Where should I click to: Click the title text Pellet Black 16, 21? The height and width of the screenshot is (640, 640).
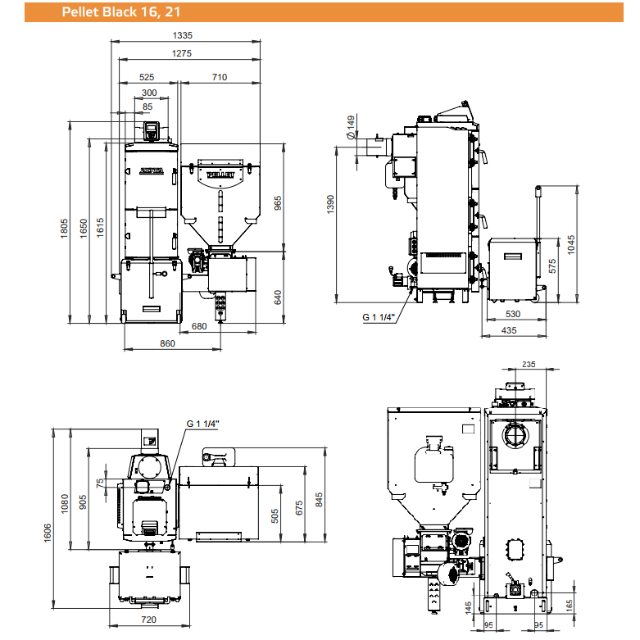point(120,11)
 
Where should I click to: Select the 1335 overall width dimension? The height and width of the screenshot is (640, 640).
point(183,35)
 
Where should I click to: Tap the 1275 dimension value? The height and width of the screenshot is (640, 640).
point(182,53)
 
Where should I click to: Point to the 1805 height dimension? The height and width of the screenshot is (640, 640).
point(64,229)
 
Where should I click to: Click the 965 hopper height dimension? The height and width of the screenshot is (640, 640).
point(278,203)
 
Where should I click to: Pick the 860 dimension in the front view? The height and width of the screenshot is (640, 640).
point(167,343)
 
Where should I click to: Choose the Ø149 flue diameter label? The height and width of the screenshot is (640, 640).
point(351,127)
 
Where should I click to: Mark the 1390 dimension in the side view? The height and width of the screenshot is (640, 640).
point(330,204)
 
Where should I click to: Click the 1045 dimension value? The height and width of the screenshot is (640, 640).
point(571,245)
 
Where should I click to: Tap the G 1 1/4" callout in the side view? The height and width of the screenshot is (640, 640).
point(379,317)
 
